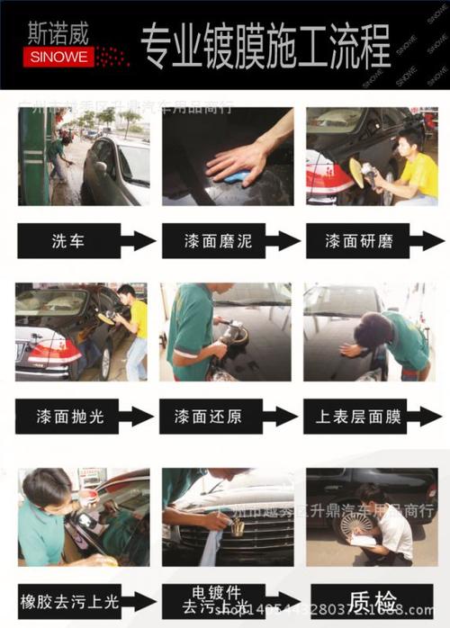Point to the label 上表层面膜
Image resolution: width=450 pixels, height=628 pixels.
[355, 417]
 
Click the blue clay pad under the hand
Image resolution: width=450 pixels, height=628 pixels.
[236, 175]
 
